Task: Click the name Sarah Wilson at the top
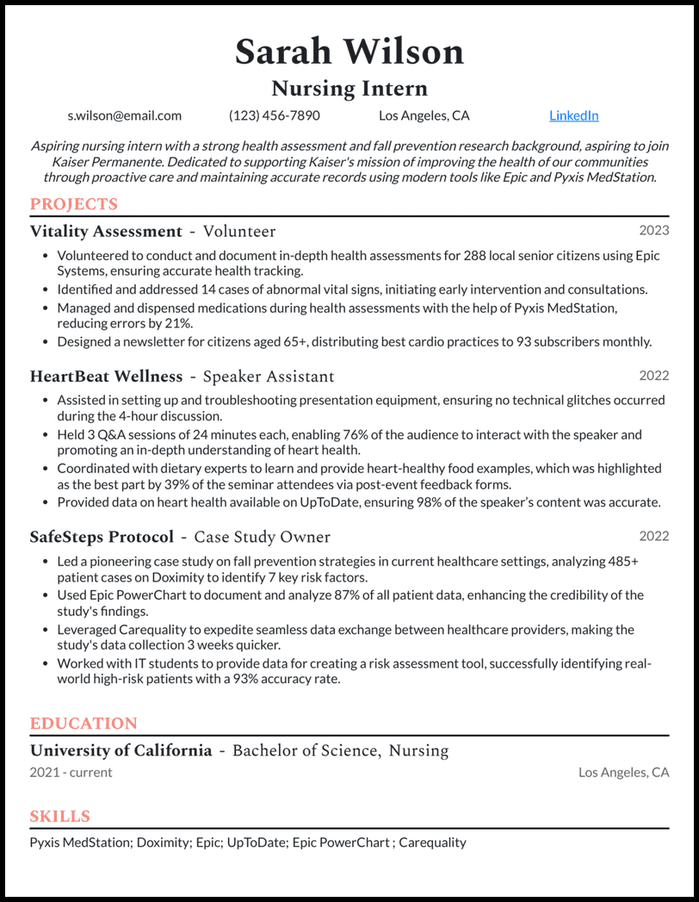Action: [x=349, y=52]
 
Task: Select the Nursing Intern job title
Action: [x=349, y=89]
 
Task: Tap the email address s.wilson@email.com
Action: [x=125, y=115]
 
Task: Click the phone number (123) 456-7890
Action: [x=274, y=115]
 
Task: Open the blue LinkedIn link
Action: [x=573, y=115]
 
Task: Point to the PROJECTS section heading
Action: [x=73, y=204]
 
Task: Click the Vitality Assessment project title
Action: [x=106, y=232]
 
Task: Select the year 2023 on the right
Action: [x=653, y=230]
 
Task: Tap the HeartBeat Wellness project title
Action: [x=106, y=376]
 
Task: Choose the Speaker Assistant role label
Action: [x=268, y=376]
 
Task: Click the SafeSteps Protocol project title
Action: [x=102, y=538]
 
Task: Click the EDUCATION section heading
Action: [x=84, y=724]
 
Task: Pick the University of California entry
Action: [x=121, y=750]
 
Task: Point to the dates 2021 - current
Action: [x=71, y=773]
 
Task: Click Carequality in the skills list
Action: [x=432, y=843]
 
